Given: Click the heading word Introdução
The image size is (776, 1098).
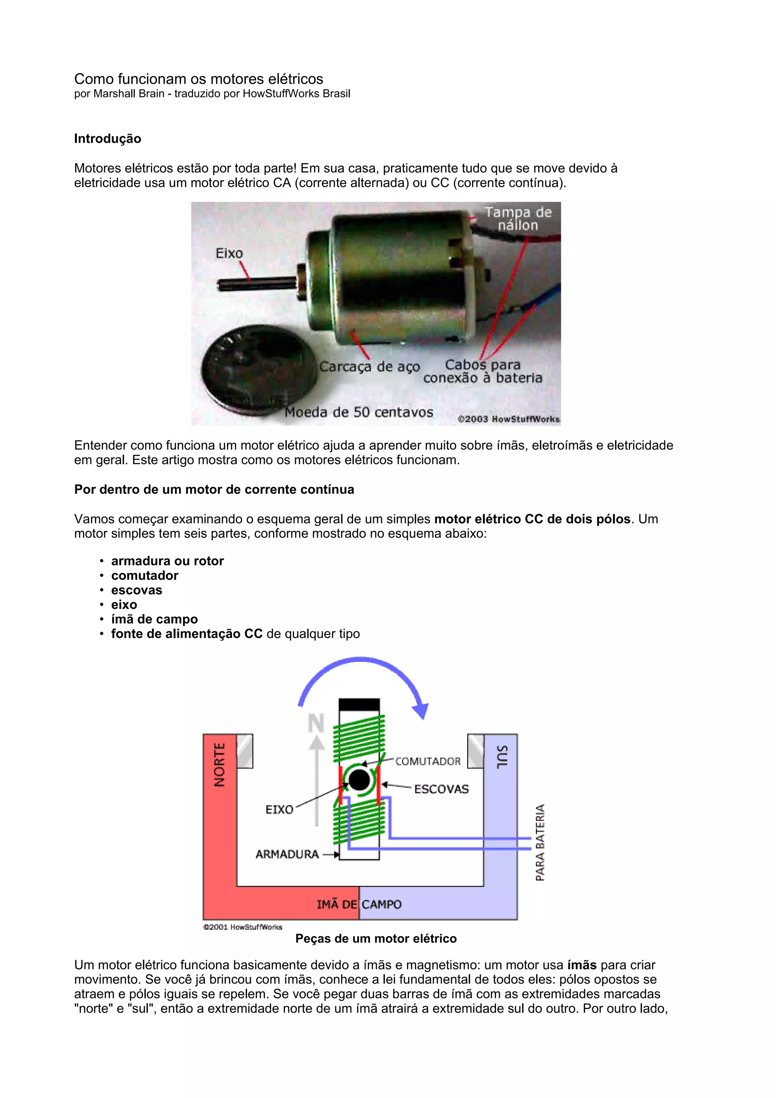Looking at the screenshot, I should pos(108,139).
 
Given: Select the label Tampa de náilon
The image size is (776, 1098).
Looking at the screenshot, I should pos(518,219).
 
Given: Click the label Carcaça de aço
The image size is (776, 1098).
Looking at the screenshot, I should pos(369,367).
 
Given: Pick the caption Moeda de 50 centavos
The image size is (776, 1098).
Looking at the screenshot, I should pos(358,412).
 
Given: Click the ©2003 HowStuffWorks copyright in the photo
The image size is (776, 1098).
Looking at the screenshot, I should pos(508,419).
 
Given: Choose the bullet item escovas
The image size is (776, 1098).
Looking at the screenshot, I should pos(137,590).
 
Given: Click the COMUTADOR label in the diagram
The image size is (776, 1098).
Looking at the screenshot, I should pos(428,761).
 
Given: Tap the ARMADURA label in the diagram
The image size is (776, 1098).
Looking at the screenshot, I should pos(287,854).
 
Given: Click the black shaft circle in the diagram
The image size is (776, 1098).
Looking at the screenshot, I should pos(359,780).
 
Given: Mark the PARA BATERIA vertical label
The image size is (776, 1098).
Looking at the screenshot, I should pos(540,842).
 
